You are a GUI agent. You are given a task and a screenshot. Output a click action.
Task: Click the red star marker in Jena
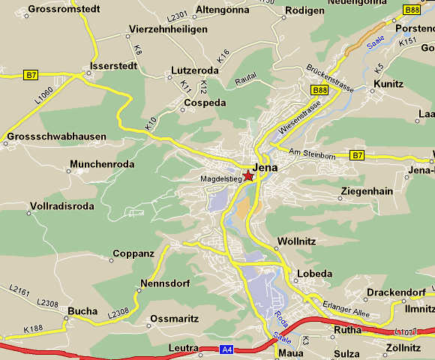point(248,175)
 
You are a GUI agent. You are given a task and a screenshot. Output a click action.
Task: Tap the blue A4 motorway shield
point(227,349)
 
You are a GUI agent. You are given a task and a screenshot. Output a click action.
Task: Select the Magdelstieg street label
point(220,179)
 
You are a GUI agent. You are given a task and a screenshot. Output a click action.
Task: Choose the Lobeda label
point(314,274)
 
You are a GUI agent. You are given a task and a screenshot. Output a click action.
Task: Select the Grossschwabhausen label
point(55,137)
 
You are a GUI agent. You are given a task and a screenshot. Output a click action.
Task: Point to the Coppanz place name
point(133,253)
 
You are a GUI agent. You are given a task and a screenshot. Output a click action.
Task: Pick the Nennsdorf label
point(164,284)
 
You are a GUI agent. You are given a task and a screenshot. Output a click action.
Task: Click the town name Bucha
point(82,310)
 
